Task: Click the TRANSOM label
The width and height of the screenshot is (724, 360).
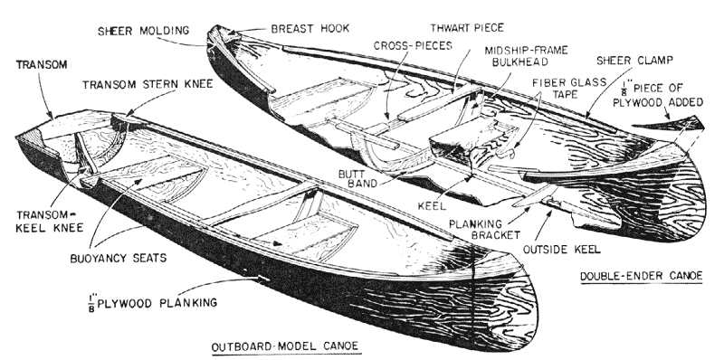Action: click(42, 65)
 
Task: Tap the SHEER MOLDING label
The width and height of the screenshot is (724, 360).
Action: click(144, 31)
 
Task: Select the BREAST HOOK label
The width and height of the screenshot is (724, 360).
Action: click(310, 29)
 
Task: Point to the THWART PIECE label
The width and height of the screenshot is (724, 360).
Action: click(467, 28)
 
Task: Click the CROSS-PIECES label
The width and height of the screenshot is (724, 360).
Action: click(413, 46)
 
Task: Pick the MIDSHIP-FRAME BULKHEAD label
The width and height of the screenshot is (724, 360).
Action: click(526, 55)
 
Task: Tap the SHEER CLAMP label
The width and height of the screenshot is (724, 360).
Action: click(635, 61)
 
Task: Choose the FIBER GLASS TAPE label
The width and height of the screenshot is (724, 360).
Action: click(569, 88)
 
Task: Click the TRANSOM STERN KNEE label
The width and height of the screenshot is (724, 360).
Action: click(148, 84)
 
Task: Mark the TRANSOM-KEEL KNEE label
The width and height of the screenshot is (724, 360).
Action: click(50, 222)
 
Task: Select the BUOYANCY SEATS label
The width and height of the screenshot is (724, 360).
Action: click(119, 258)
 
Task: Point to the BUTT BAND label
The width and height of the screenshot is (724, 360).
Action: click(357, 178)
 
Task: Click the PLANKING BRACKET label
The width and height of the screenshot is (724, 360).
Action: click(484, 230)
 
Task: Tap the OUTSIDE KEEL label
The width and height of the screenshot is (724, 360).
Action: click(561, 250)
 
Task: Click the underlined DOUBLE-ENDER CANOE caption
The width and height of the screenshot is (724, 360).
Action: click(642, 277)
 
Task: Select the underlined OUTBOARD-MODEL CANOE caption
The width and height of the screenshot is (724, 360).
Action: click(285, 346)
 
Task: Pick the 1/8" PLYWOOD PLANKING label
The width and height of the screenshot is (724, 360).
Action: click(152, 303)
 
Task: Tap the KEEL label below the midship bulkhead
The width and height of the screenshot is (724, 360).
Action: click(432, 206)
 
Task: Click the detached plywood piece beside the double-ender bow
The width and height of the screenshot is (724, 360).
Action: click(670, 124)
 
